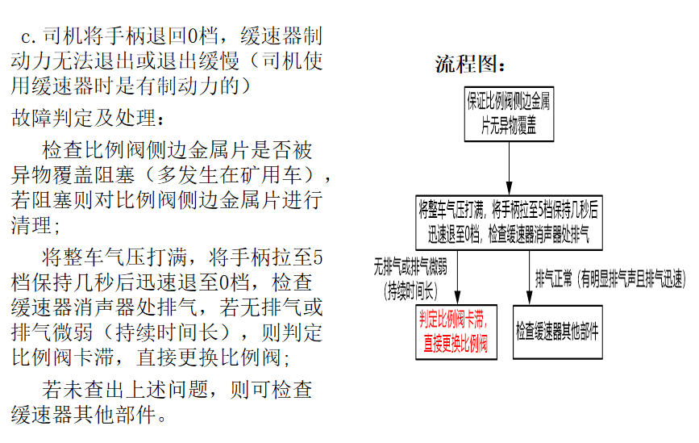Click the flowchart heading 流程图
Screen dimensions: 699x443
point(471,65)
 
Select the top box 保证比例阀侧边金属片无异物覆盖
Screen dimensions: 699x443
point(509,115)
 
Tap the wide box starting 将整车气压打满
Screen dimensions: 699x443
point(509,223)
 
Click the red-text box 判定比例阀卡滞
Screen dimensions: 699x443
point(456,332)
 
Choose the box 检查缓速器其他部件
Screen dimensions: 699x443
point(557,332)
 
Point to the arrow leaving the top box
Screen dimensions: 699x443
point(509,168)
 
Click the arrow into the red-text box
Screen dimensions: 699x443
point(457,278)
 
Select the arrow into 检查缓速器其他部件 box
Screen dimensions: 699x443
point(529,278)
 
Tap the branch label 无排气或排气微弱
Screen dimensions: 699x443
point(410,267)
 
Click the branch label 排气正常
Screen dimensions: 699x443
point(554,279)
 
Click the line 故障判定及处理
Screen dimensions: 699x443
point(88,119)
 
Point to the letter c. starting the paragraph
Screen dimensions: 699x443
point(28,37)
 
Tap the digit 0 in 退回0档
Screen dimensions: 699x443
point(192,36)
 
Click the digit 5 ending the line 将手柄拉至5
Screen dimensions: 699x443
point(318,258)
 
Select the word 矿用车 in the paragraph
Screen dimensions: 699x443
point(272,175)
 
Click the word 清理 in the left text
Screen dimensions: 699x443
point(31,225)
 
